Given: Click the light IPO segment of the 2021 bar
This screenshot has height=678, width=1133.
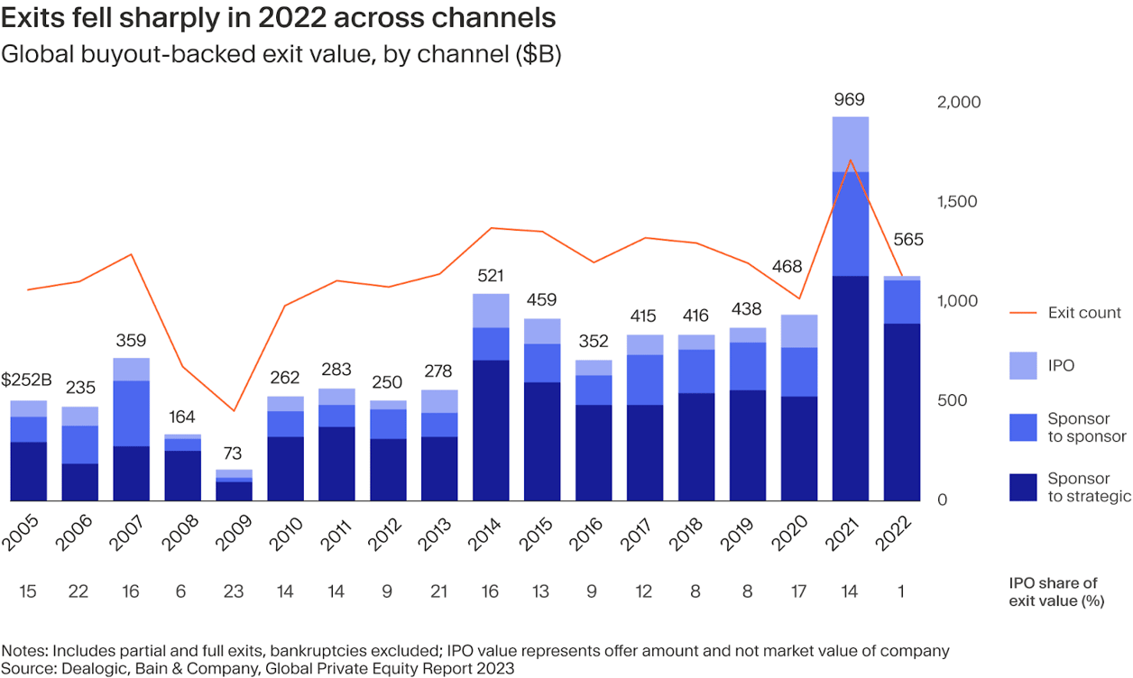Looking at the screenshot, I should [x=851, y=144].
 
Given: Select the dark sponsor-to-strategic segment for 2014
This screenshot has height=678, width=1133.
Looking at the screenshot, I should [x=491, y=430].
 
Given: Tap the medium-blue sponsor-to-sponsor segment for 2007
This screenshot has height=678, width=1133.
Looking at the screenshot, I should [x=131, y=413].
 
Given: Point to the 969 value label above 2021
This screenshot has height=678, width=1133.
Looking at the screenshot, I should [x=850, y=100].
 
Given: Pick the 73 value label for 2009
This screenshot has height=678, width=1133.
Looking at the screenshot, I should [x=234, y=454].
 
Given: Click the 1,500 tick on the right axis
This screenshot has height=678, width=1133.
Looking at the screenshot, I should [x=958, y=202].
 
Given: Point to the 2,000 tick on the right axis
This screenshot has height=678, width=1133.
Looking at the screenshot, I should [x=958, y=103].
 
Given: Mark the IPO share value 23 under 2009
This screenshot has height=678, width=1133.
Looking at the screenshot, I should [x=234, y=591].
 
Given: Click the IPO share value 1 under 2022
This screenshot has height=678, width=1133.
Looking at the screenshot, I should [x=901, y=591].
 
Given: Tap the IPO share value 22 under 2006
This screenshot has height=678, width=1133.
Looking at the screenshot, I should [x=79, y=591].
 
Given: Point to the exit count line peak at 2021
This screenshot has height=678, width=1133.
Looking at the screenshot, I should [x=851, y=160].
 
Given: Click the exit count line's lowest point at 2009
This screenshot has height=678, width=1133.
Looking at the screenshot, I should [x=234, y=411].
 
